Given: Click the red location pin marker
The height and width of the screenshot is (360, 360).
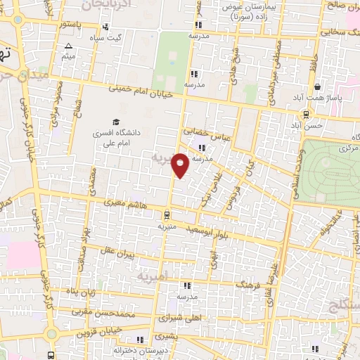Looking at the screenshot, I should [x=180, y=165].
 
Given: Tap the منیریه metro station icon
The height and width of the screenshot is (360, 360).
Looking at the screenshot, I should [x=166, y=215].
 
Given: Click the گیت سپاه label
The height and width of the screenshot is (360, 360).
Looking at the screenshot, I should [x=112, y=38].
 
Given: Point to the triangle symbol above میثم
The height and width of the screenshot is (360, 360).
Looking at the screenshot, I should [x=68, y=47].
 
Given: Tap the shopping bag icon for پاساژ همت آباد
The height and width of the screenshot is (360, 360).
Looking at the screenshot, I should [x=319, y=87].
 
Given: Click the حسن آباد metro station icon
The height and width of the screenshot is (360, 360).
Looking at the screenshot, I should [x=306, y=115].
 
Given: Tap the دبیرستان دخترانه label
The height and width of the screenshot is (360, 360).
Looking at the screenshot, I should [x=167, y=348].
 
